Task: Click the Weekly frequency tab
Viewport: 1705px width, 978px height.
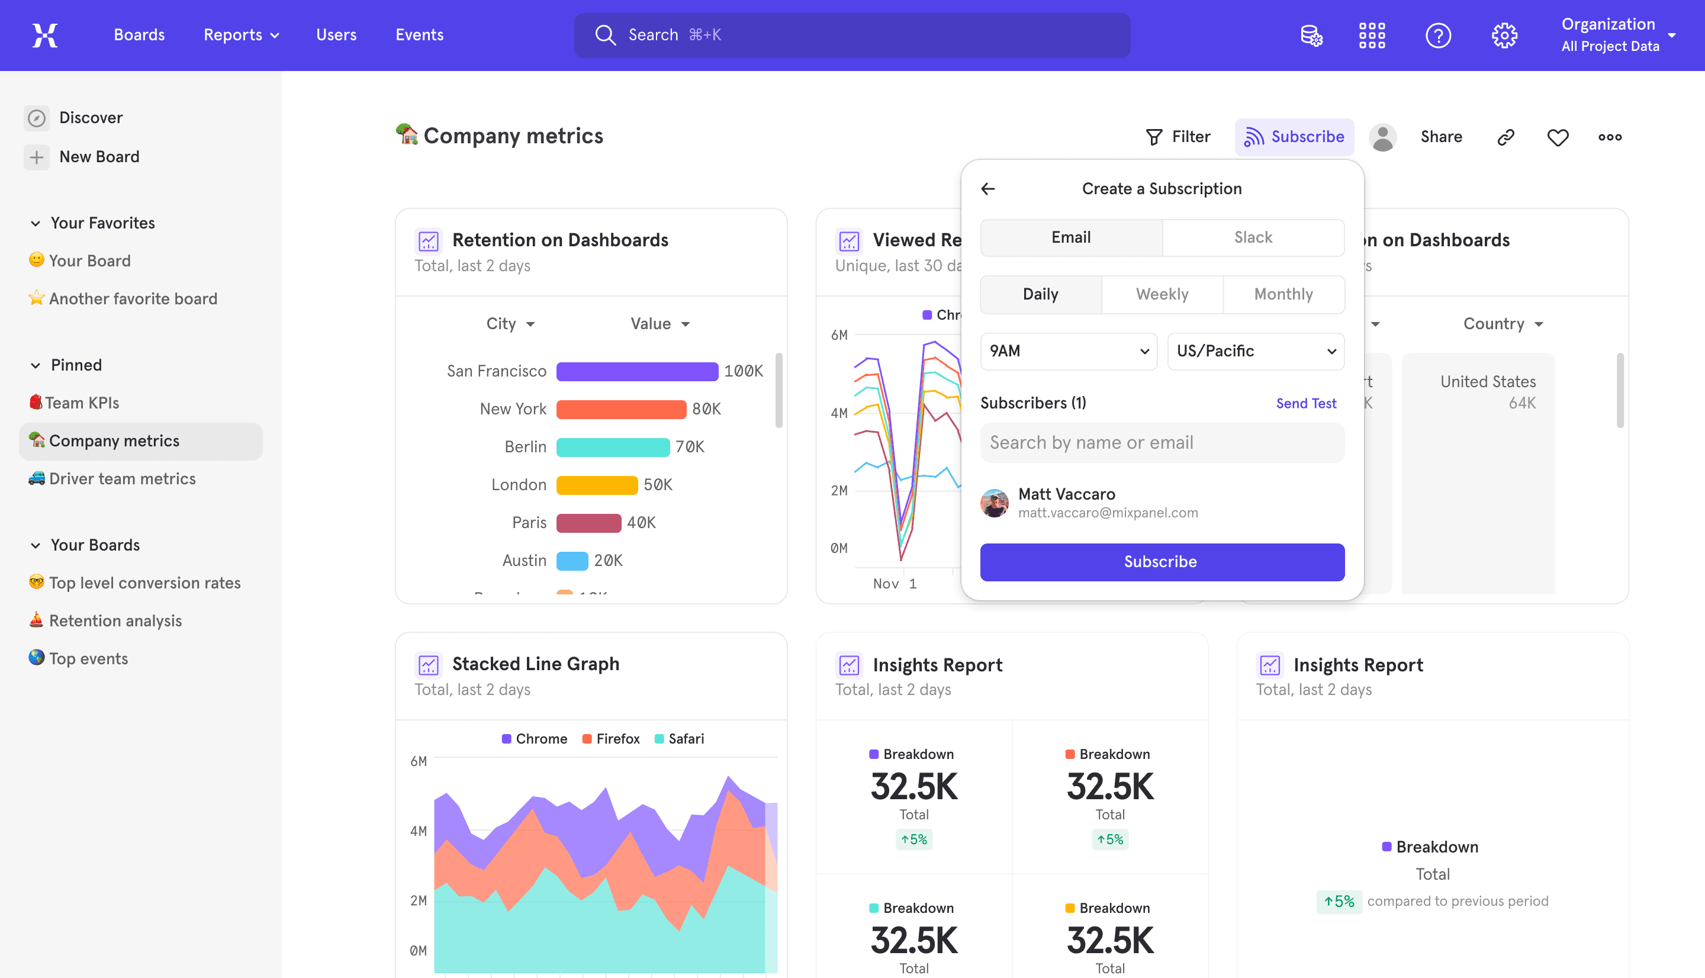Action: [1162, 294]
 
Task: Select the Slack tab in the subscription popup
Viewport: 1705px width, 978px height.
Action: [1253, 237]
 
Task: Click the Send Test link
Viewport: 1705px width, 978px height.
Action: [1305, 403]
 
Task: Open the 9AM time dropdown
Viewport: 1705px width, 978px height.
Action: [1069, 351]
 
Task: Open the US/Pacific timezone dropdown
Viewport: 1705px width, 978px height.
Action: [1255, 351]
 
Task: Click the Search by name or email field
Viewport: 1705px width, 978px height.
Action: [1162, 443]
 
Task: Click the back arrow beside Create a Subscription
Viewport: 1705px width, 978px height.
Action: [988, 189]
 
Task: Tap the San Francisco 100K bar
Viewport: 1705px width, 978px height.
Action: [636, 371]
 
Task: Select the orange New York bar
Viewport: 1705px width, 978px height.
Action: [620, 409]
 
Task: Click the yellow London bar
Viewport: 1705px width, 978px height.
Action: [596, 485]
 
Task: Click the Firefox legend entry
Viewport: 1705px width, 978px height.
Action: [610, 739]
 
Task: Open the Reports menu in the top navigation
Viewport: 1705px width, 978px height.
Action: [241, 35]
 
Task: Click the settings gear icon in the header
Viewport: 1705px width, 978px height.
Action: [1504, 35]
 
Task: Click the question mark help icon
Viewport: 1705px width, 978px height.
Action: [1438, 35]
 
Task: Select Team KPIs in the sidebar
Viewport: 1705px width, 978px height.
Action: [81, 403]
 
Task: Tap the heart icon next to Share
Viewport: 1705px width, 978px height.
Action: [1557, 137]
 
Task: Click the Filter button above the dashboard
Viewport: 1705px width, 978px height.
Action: [1178, 137]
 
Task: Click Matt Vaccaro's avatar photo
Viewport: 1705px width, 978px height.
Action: [994, 503]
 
